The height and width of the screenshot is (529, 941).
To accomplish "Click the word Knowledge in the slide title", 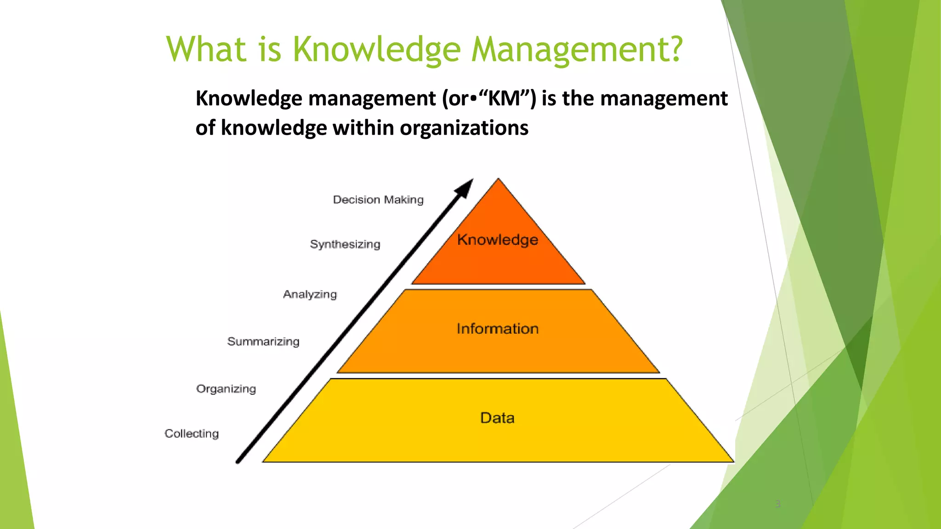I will click(x=376, y=50).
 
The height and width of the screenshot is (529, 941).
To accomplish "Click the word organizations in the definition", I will click(x=464, y=128).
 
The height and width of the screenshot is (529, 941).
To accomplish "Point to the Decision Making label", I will click(x=378, y=200).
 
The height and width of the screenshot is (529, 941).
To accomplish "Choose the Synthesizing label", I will click(x=345, y=244).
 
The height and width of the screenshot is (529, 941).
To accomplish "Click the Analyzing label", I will click(x=310, y=294).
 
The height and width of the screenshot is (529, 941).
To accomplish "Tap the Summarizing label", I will click(x=263, y=342).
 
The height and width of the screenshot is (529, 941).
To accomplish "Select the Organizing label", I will click(x=226, y=389).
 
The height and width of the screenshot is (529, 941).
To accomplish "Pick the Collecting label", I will click(x=192, y=433).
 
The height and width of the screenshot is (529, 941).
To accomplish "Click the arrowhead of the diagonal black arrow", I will click(x=465, y=188).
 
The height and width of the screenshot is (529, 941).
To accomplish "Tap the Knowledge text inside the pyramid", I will click(x=498, y=240).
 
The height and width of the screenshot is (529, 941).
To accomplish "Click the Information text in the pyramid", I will click(x=498, y=329).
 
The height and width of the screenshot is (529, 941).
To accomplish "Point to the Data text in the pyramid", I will click(x=497, y=418).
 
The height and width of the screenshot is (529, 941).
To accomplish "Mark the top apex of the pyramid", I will click(x=499, y=179).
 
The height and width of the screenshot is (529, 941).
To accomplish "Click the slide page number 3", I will click(x=778, y=504).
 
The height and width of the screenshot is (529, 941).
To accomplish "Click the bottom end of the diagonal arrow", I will click(x=238, y=461).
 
